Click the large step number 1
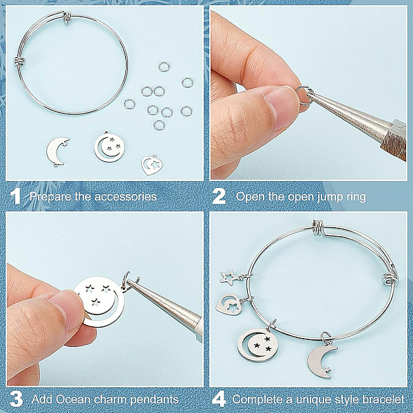(15, 196)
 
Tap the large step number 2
(219, 196)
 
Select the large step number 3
(17, 399)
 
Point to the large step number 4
(219, 399)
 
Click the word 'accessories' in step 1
(126, 197)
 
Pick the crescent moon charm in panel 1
(57, 152)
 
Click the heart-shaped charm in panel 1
(151, 165)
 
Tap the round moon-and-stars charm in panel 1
(109, 147)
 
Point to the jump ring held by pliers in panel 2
(302, 96)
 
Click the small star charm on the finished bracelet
(229, 277)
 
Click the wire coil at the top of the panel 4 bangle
(318, 228)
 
